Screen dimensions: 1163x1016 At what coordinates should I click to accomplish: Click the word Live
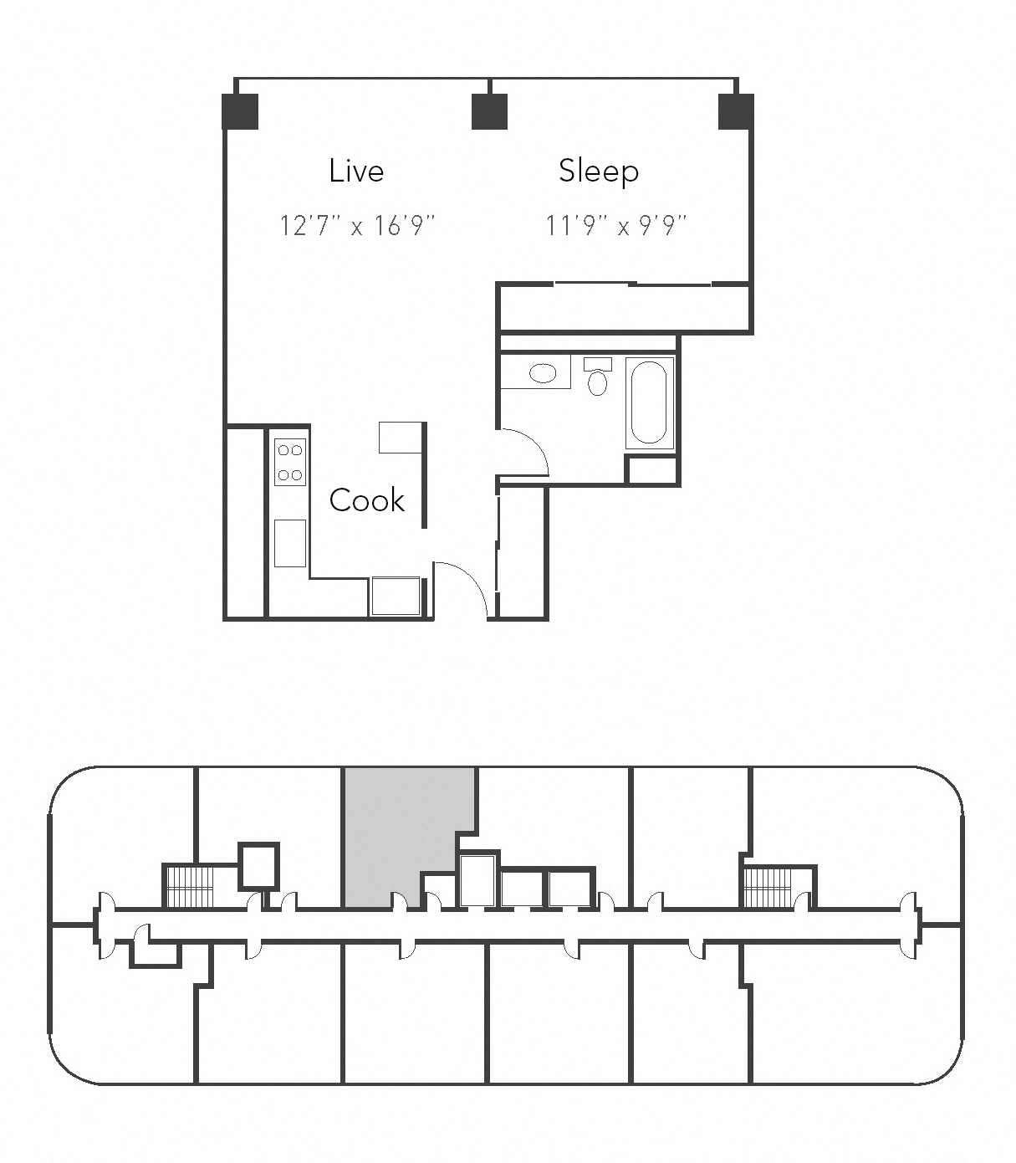click(356, 171)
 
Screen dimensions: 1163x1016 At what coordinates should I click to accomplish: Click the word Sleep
click(599, 171)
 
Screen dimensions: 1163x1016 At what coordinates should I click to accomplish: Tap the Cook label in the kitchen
click(366, 500)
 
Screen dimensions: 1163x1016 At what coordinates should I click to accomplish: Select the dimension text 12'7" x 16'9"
click(357, 225)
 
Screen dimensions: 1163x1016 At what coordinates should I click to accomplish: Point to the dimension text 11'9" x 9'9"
click(615, 225)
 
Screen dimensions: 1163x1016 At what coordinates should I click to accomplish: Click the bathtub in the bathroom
click(649, 402)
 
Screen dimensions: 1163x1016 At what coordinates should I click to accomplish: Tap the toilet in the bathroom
click(597, 378)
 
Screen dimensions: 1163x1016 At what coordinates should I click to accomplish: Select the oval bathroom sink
click(543, 373)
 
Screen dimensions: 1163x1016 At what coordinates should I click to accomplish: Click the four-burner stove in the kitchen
click(290, 462)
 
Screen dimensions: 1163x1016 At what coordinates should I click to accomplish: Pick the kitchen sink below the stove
click(290, 542)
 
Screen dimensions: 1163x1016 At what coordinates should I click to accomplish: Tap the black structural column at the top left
click(240, 111)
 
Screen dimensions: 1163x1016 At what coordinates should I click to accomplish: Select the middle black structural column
click(489, 111)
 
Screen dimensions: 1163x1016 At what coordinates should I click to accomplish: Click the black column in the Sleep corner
click(736, 111)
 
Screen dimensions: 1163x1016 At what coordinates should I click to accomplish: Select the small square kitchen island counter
click(401, 438)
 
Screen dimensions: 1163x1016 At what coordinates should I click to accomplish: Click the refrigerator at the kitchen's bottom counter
click(396, 596)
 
